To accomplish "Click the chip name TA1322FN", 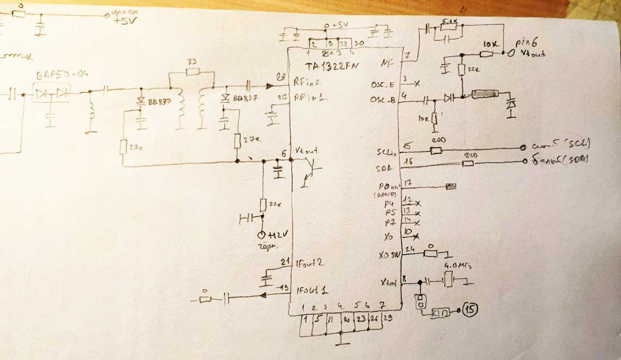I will click(x=332, y=67).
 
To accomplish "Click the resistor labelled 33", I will click(x=193, y=72).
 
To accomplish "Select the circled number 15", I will click(x=470, y=309).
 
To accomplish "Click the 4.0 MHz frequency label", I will click(x=458, y=266).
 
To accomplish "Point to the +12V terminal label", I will click(x=278, y=235).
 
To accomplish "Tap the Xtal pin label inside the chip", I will click(x=389, y=283).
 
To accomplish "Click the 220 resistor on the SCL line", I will click(x=436, y=150).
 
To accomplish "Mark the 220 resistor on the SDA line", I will click(x=468, y=163).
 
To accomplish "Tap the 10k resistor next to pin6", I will click(x=487, y=53).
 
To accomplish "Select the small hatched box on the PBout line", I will click(x=451, y=186).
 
